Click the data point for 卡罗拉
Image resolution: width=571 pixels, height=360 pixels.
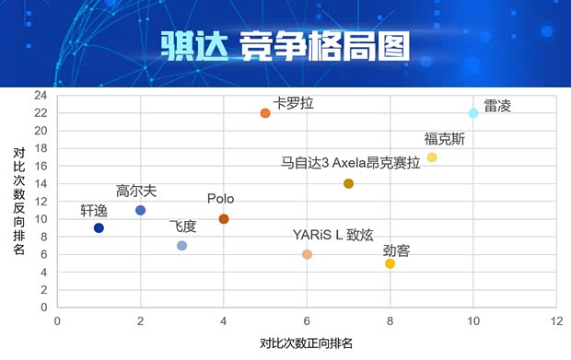point(265,113)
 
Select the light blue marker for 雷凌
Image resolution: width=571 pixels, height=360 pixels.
point(473,113)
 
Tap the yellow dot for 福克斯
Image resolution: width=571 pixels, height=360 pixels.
point(432,157)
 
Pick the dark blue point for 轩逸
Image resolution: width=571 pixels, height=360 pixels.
point(99,227)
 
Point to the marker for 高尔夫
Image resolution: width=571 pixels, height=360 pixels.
point(140,210)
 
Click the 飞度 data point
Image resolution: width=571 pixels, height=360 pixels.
point(181,246)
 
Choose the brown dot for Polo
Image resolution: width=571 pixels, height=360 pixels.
point(224,219)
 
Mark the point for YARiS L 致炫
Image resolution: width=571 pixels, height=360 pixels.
point(307,254)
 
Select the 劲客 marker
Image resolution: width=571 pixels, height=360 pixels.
point(390,263)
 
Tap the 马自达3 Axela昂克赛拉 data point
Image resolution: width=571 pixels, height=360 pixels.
point(348,183)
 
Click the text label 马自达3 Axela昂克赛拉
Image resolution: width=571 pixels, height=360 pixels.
point(350,162)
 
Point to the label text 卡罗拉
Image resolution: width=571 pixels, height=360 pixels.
point(293,103)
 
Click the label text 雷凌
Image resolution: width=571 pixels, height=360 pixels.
point(497,106)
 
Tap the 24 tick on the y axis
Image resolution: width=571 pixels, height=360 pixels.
point(41,95)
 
